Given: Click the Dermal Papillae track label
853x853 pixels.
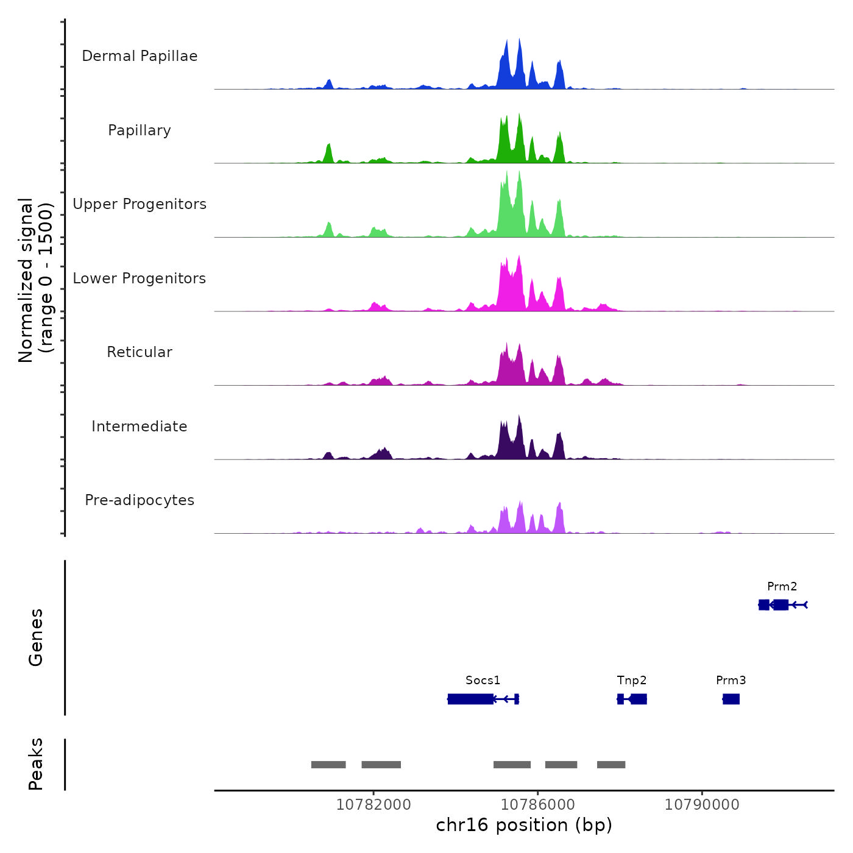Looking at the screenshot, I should point(140,56).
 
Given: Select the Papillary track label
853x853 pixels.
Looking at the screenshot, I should point(140,130).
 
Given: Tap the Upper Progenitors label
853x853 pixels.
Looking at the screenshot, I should point(140,204).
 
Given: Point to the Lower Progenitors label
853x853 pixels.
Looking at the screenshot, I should point(140,278).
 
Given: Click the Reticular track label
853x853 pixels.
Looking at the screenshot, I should point(140,352).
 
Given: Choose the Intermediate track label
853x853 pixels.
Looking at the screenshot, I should point(140,426).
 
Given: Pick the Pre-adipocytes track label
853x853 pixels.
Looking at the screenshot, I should point(140,500).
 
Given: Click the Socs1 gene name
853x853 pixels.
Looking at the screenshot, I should point(483,680).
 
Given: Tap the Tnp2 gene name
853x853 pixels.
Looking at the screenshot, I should point(631,680).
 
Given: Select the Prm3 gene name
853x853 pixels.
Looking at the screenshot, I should point(731,680).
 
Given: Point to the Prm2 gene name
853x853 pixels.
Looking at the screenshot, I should point(782,586).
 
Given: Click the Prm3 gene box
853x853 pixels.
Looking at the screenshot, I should point(731,699).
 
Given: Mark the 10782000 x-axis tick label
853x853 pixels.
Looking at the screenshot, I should point(373,805).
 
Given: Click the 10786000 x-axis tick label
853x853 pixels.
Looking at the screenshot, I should point(537,805).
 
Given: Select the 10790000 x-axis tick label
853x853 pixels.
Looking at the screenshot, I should point(702,805).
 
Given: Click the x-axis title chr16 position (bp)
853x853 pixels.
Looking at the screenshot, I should point(524,825).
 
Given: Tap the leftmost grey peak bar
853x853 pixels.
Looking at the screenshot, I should point(328,765).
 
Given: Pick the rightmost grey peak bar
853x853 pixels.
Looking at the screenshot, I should point(611,765).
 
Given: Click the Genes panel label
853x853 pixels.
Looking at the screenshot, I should point(36,637).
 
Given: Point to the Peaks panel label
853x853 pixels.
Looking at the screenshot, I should point(36,764).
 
